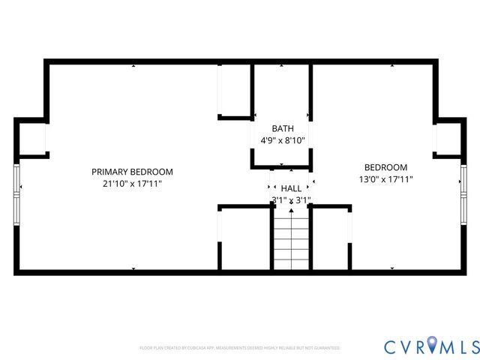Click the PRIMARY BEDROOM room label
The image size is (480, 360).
click(x=132, y=171)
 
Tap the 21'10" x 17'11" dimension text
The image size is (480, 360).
click(x=132, y=184)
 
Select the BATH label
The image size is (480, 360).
click(x=283, y=128)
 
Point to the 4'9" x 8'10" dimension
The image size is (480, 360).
click(x=283, y=140)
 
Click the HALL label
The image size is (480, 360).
click(x=291, y=188)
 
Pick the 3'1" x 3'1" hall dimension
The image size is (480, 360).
click(x=291, y=200)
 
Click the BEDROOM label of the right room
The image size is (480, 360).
click(x=385, y=167)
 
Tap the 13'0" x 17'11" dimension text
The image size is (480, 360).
click(x=385, y=179)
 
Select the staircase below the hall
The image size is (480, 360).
click(x=290, y=238)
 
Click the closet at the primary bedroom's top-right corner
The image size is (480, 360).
click(x=233, y=91)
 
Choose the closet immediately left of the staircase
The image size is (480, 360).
click(x=244, y=238)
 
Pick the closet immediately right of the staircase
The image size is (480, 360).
click(x=331, y=238)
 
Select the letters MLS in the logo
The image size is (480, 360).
click(x=460, y=346)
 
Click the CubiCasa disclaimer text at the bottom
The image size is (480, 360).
click(x=240, y=348)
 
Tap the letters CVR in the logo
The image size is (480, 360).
click(x=405, y=346)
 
